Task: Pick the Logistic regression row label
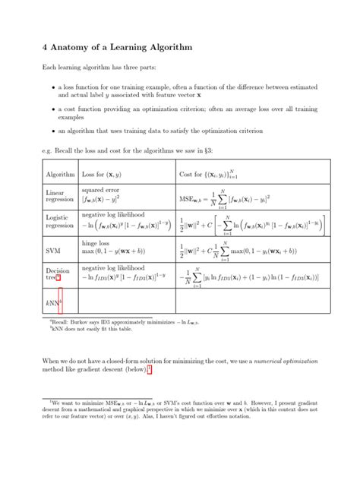click(x=60, y=221)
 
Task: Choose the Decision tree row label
click(x=58, y=274)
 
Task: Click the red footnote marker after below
click(x=150, y=369)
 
